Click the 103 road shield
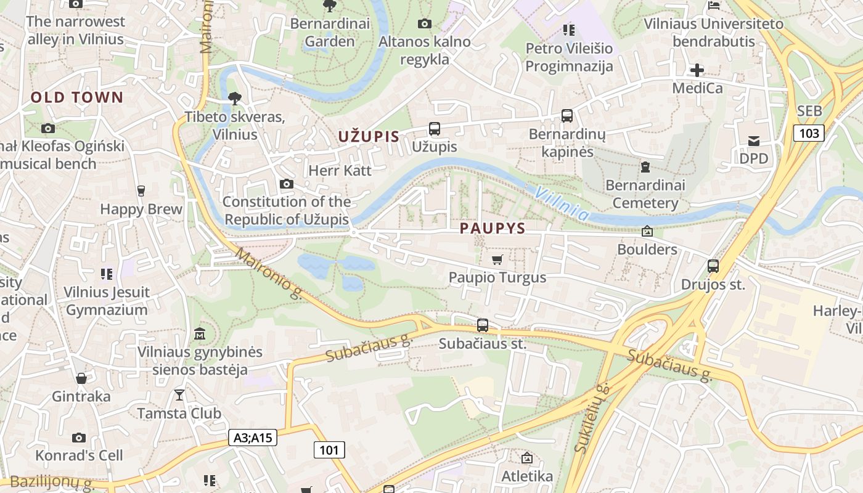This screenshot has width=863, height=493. tap(809, 133)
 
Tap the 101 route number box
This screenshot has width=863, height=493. tap(329, 450)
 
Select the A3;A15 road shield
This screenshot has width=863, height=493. tap(253, 438)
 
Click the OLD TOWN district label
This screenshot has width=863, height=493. tap(77, 97)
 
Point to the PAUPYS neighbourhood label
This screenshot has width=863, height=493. tap(493, 229)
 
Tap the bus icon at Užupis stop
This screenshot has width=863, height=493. tap(435, 129)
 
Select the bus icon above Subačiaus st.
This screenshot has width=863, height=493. tap(483, 325)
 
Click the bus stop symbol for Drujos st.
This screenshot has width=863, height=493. tap(713, 266)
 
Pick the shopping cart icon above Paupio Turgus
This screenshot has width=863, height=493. tap(497, 259)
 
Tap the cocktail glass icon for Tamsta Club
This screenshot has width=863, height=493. tap(179, 394)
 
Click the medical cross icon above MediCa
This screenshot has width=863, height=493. tap(697, 70)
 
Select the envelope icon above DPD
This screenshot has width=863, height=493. tap(754, 141)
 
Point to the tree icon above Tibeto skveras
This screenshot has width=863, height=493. tap(234, 98)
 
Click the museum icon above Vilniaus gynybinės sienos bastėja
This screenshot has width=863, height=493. tap(200, 334)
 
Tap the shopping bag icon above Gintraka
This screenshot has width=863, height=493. tap(81, 378)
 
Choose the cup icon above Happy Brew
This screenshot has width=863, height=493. tap(141, 191)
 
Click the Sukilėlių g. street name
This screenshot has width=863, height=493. tap(591, 418)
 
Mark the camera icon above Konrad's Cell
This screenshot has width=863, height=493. tap(79, 438)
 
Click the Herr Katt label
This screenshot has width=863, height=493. tap(340, 170)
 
